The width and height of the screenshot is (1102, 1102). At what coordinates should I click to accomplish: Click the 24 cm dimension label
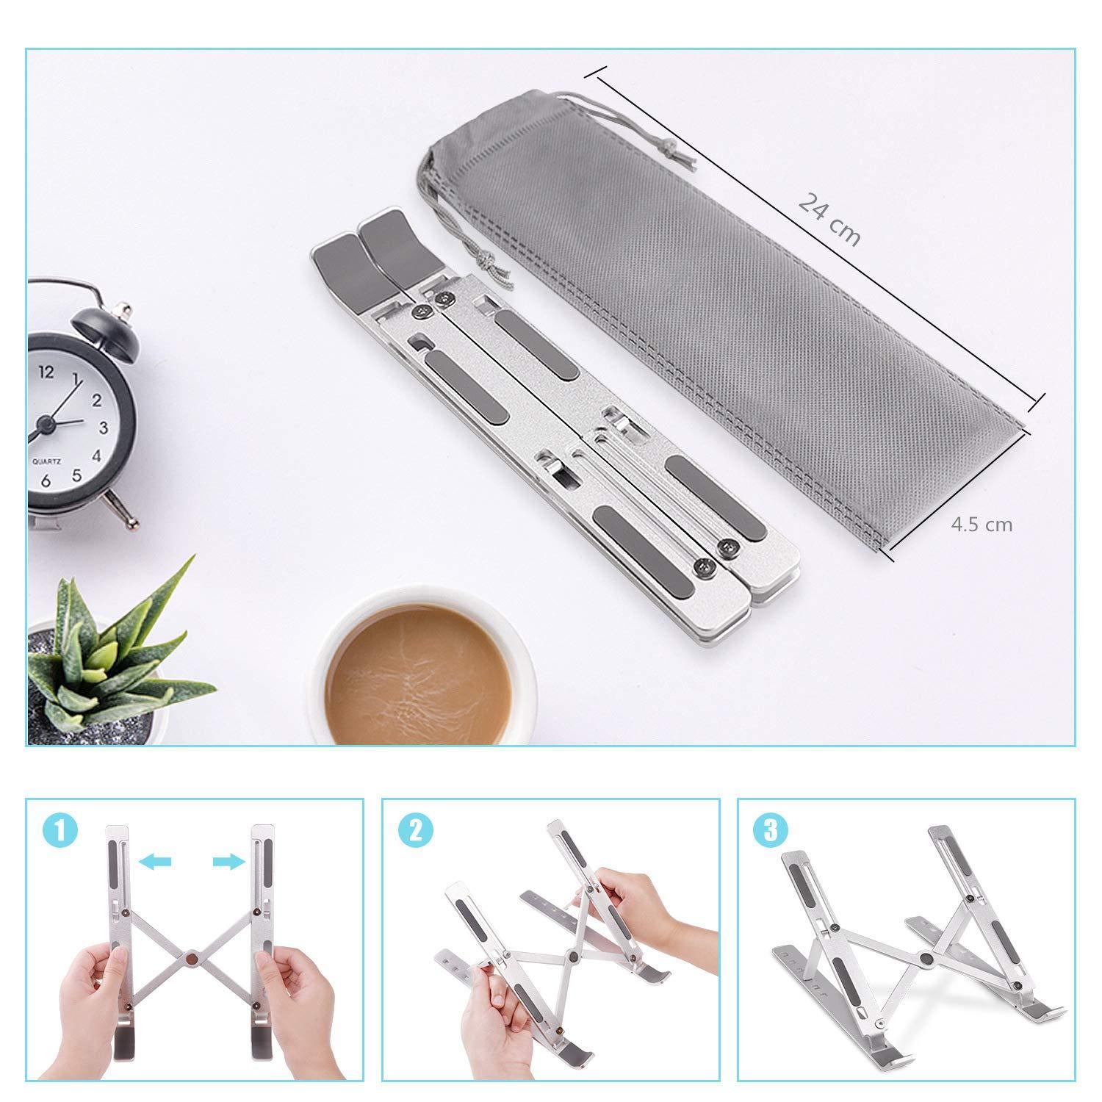click(x=829, y=220)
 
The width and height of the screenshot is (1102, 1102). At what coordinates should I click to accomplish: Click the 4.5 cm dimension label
click(x=982, y=525)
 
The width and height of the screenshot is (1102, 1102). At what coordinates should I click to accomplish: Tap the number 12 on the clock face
click(x=46, y=372)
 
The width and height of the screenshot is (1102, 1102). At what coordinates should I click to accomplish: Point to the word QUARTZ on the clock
click(x=46, y=461)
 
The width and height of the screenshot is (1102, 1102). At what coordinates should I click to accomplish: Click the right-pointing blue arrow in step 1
click(x=228, y=861)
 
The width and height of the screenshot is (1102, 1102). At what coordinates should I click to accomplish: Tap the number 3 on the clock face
click(x=104, y=428)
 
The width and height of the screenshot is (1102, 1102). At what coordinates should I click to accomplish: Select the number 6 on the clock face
click(x=46, y=481)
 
